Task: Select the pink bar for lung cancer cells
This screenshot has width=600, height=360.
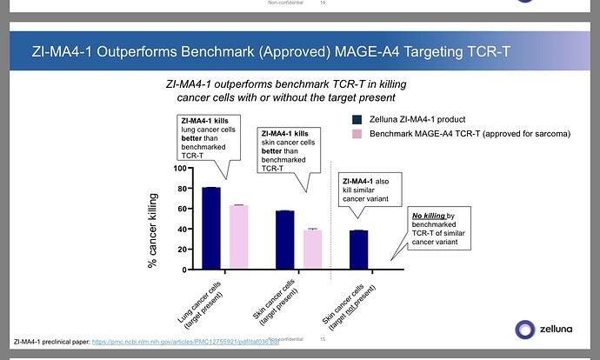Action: coord(238,237)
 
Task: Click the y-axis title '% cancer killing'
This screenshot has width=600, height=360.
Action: coord(152,230)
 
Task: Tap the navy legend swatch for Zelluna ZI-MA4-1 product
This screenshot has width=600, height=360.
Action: coord(357,118)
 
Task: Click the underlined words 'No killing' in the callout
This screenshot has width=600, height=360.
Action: coord(429,215)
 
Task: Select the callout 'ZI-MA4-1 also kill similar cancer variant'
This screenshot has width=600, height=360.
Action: coord(368,189)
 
